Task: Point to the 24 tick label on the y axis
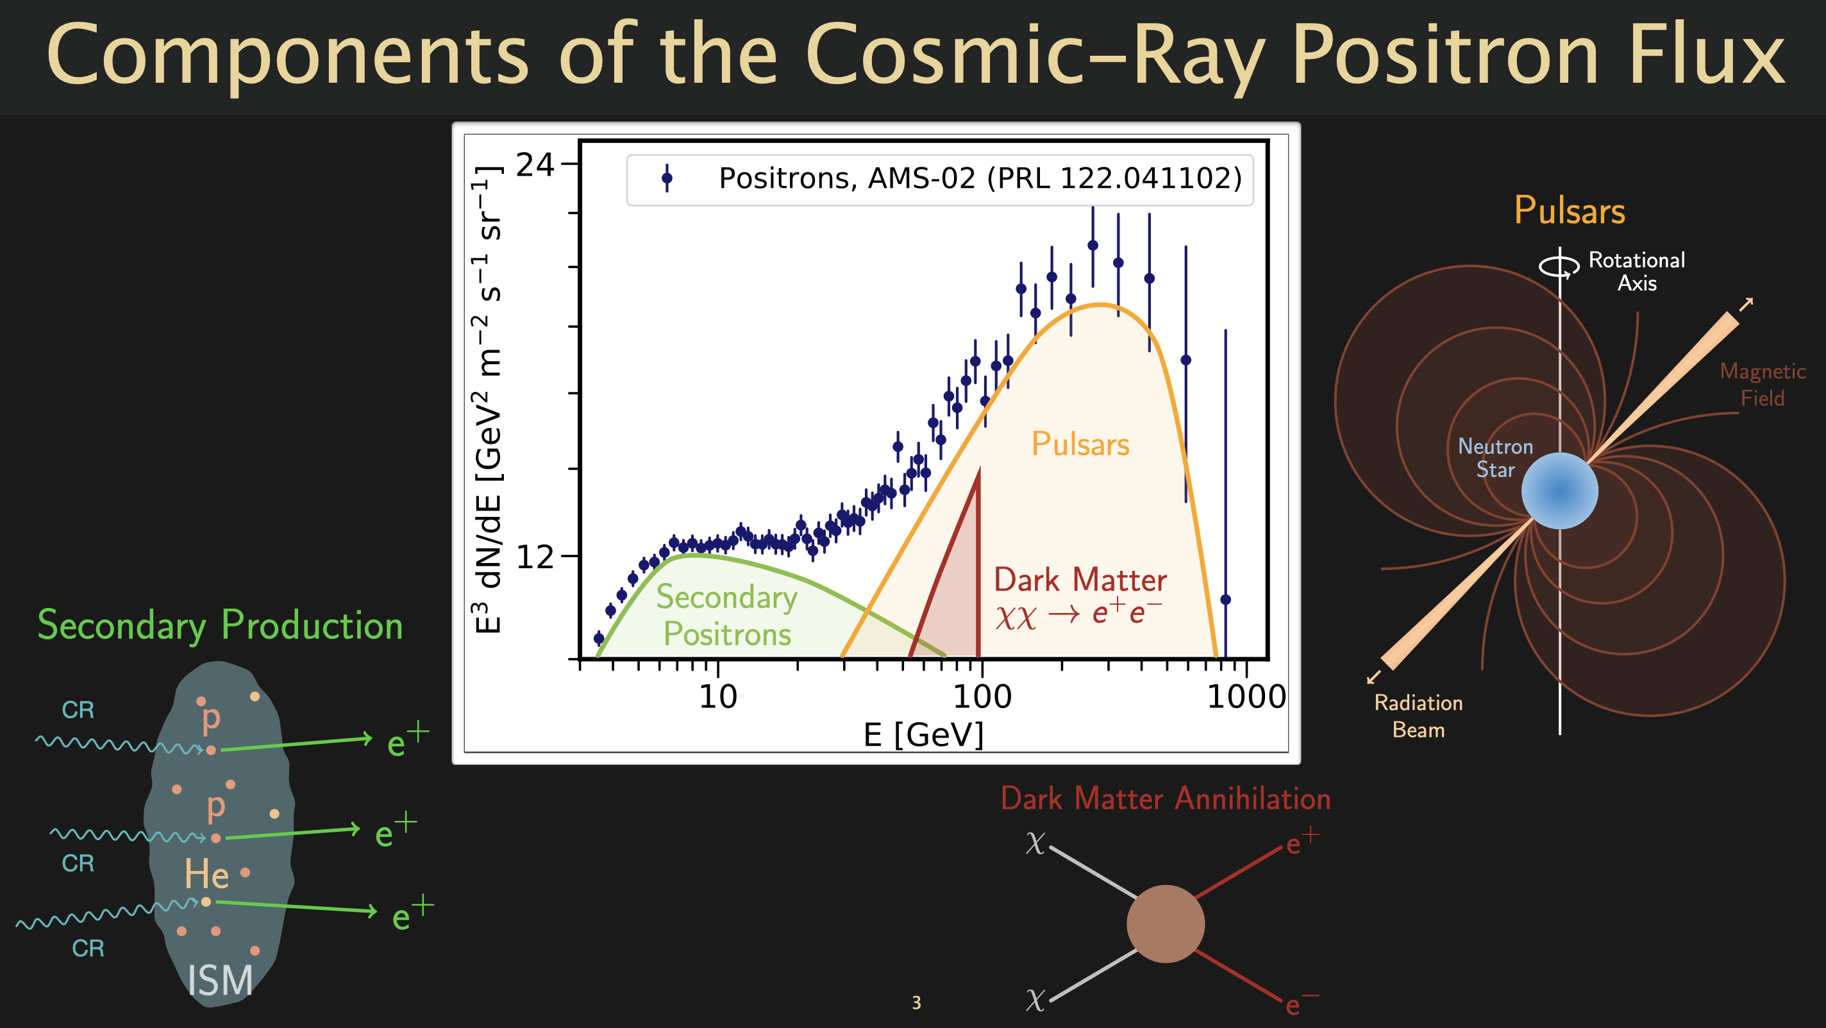pyautogui.click(x=535, y=165)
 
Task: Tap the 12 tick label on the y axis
pyautogui.click(x=535, y=558)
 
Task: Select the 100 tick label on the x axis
pyautogui.click(x=982, y=697)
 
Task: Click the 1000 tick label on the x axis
pyautogui.click(x=1246, y=697)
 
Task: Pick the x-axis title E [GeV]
pyautogui.click(x=924, y=734)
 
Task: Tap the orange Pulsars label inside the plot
pyautogui.click(x=1080, y=444)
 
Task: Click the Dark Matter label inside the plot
pyautogui.click(x=1080, y=580)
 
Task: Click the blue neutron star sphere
pyautogui.click(x=1559, y=491)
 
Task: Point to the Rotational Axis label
pyautogui.click(x=1637, y=271)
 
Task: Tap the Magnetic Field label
pyautogui.click(x=1763, y=384)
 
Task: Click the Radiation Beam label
pyautogui.click(x=1418, y=716)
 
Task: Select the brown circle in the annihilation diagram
pyautogui.click(x=1166, y=923)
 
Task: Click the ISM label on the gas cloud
pyautogui.click(x=220, y=981)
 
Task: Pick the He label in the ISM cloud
pyautogui.click(x=206, y=873)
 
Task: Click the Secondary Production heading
pyautogui.click(x=220, y=626)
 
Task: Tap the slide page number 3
pyautogui.click(x=917, y=1002)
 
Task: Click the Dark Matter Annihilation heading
pyautogui.click(x=1166, y=799)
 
